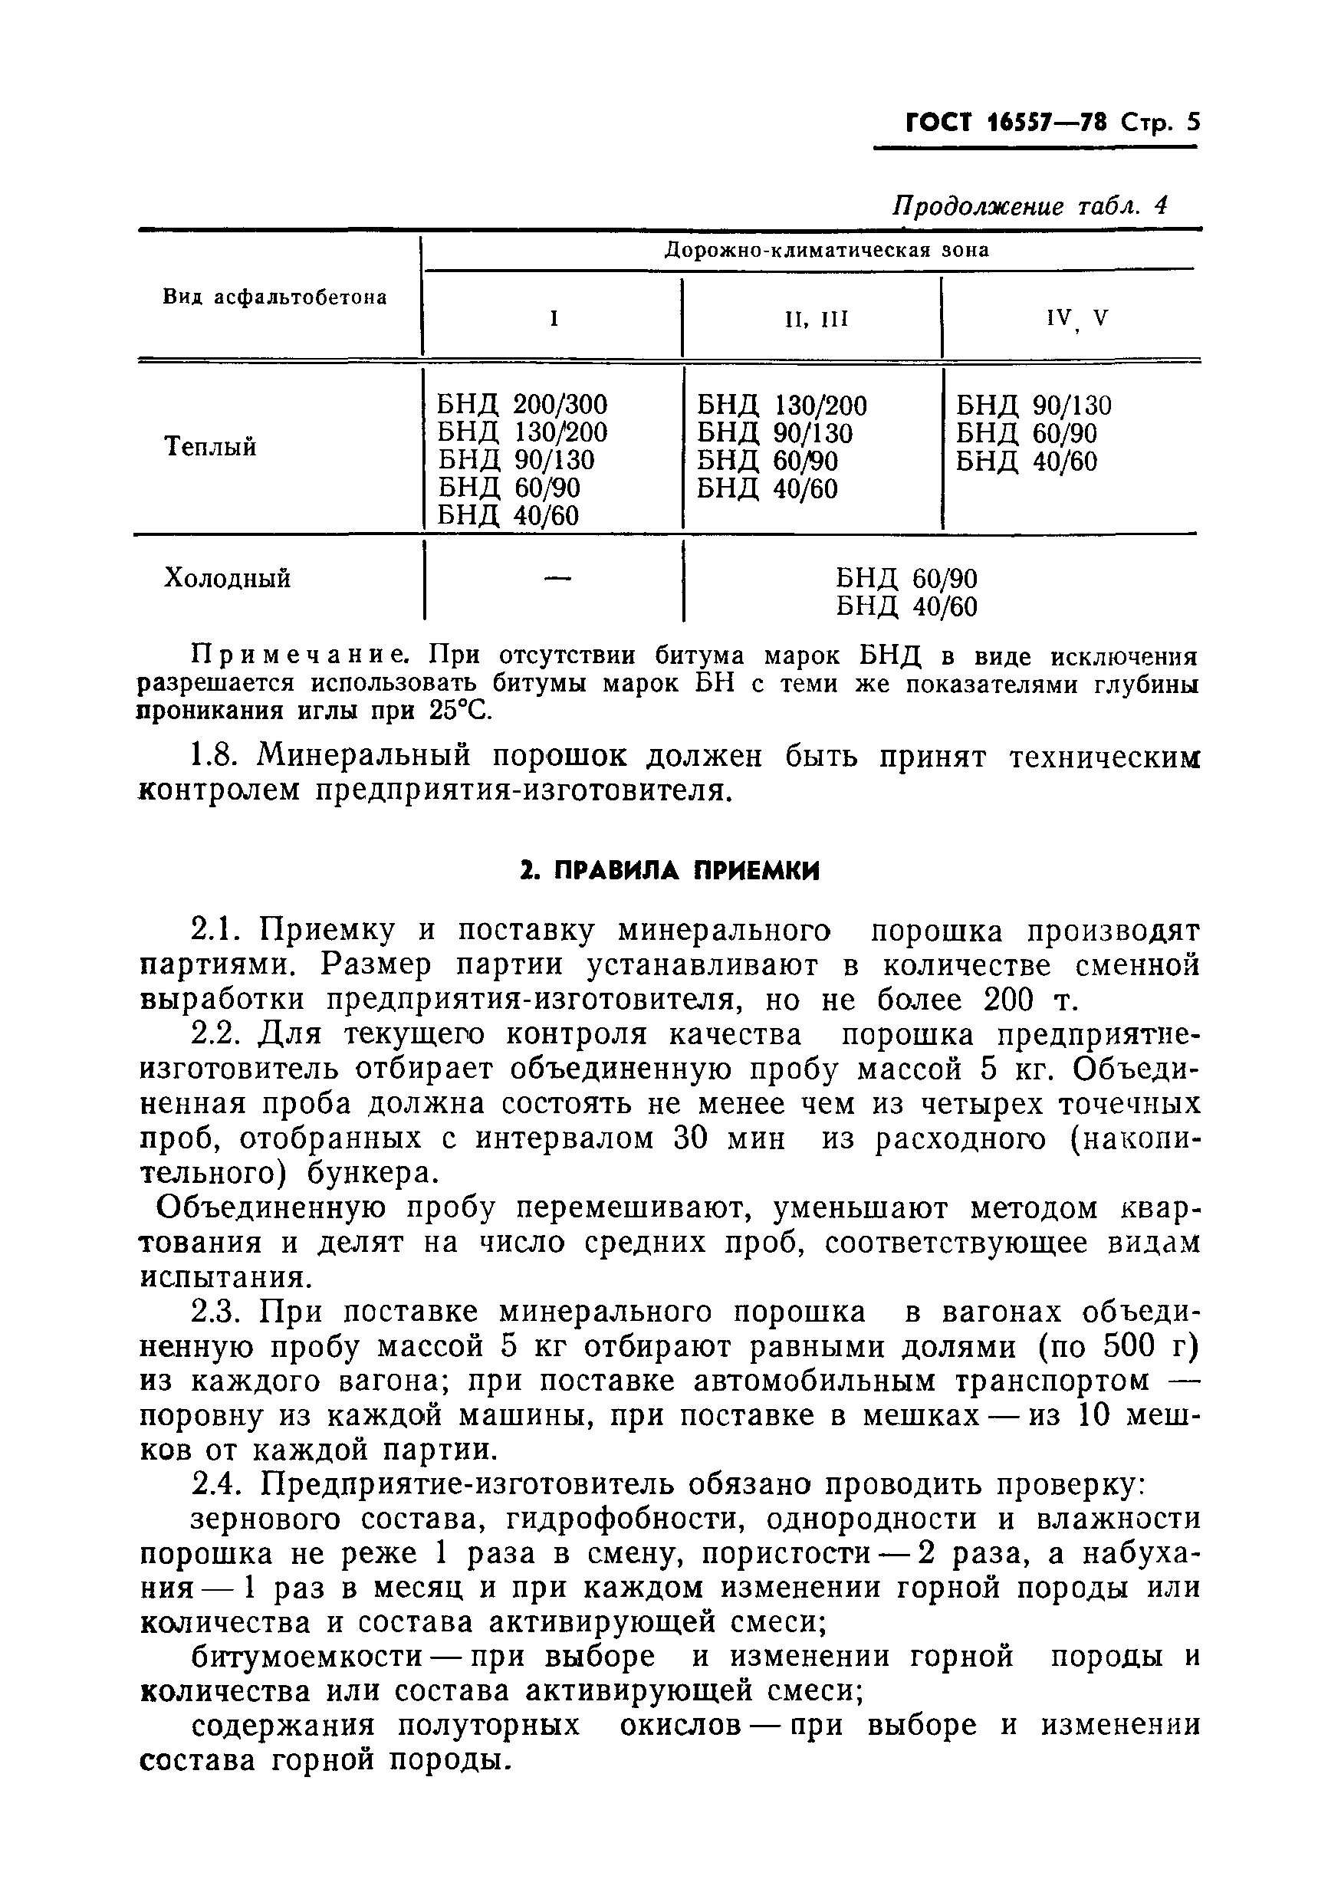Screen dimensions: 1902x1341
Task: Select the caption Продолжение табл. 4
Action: (x=1029, y=205)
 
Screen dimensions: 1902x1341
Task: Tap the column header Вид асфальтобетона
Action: (x=274, y=297)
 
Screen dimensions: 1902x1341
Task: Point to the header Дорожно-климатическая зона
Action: (x=827, y=250)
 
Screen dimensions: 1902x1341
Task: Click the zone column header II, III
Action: (x=816, y=319)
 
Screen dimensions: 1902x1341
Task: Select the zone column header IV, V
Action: (x=1076, y=319)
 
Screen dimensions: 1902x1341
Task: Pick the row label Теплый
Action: (x=210, y=448)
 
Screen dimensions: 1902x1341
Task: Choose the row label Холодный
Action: (x=227, y=577)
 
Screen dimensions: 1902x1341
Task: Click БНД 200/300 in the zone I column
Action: (x=522, y=404)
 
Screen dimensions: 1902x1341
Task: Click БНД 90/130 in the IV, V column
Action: (x=1033, y=405)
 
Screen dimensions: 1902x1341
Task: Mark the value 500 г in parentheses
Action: (x=1143, y=1347)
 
